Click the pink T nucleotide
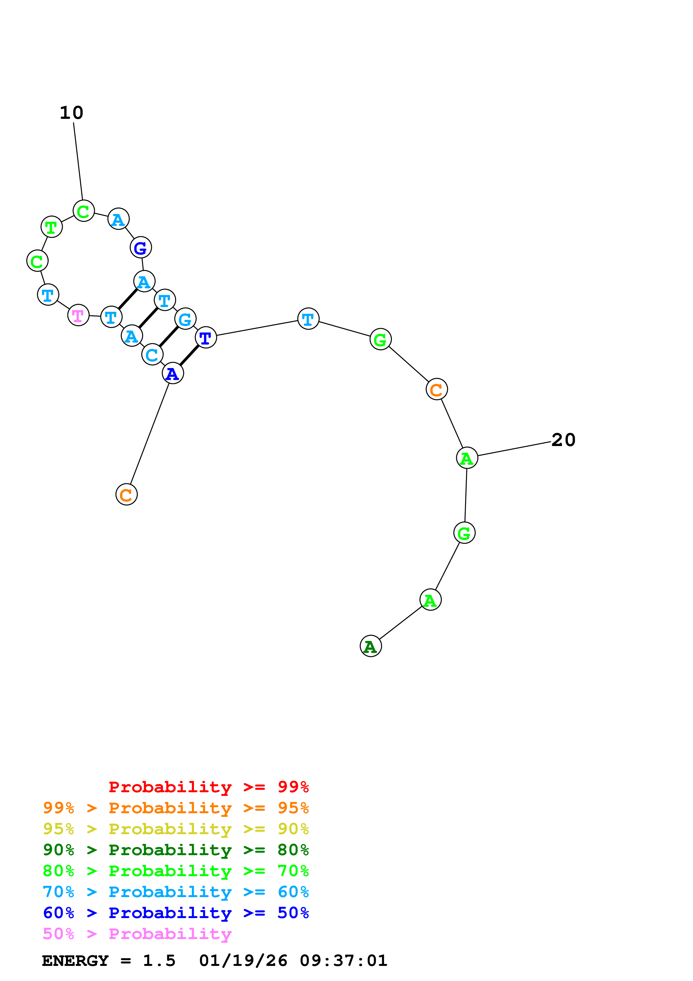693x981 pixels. tap(78, 315)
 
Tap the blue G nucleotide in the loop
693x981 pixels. tap(141, 247)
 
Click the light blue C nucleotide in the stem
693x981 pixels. tap(152, 355)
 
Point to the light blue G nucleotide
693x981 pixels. tap(185, 319)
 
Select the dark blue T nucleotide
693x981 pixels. tap(206, 338)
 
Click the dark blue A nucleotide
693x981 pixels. tap(172, 373)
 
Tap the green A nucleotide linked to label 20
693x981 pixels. tap(467, 458)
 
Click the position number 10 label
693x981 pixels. tap(71, 113)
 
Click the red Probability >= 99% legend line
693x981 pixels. tap(208, 787)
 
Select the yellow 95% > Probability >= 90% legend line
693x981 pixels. tap(176, 829)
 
